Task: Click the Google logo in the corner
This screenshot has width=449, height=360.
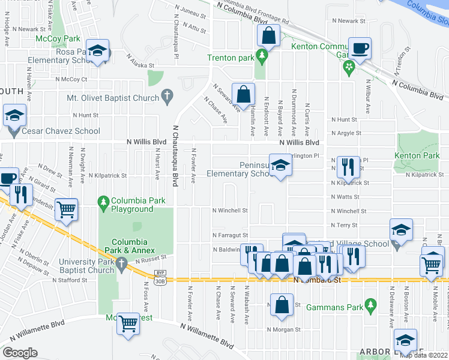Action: tap(20, 353)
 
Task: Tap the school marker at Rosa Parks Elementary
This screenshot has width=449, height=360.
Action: tap(97, 53)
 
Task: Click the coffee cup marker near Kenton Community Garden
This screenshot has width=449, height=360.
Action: tap(360, 49)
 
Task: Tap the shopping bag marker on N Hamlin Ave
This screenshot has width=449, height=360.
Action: tap(243, 94)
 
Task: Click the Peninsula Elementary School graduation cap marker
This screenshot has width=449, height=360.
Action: tap(279, 166)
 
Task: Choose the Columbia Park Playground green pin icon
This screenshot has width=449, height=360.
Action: tap(104, 200)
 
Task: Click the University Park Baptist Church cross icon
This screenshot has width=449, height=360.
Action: tap(121, 262)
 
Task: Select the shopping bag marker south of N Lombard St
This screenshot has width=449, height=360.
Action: tap(282, 305)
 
